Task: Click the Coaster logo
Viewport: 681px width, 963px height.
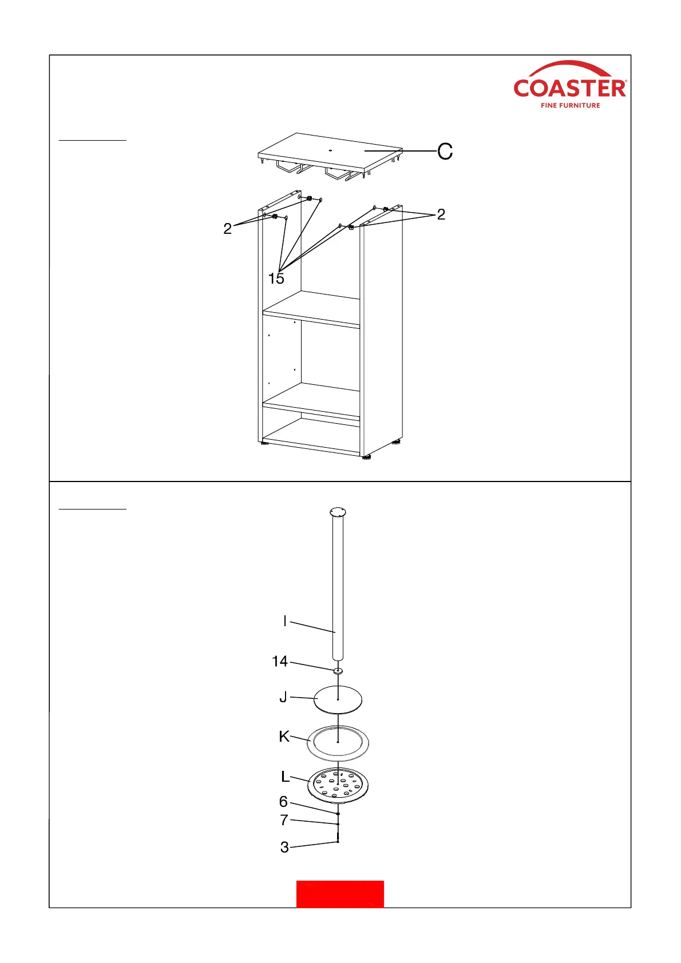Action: point(569,85)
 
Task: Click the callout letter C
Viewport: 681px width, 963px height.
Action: point(445,151)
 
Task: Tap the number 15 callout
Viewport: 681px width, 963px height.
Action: point(276,278)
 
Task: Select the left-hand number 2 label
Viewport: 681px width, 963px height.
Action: point(228,229)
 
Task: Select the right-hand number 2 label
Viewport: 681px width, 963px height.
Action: point(441,214)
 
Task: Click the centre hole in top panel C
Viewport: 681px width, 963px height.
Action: point(330,150)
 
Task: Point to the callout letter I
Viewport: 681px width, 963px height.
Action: point(285,621)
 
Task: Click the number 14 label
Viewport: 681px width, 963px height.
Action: point(280,662)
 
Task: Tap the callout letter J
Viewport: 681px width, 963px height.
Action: point(283,697)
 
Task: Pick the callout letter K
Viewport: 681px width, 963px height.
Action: point(284,737)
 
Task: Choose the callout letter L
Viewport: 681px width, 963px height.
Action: point(285,777)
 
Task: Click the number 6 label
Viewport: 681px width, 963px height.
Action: point(283,802)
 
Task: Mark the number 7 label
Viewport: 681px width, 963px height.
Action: point(284,820)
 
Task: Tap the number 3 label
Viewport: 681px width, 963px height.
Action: point(284,847)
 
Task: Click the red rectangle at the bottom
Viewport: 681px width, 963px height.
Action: point(340,894)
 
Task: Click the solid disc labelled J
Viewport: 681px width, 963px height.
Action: point(338,699)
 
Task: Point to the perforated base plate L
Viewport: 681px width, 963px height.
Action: point(338,784)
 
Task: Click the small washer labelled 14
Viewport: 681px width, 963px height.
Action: point(338,670)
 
